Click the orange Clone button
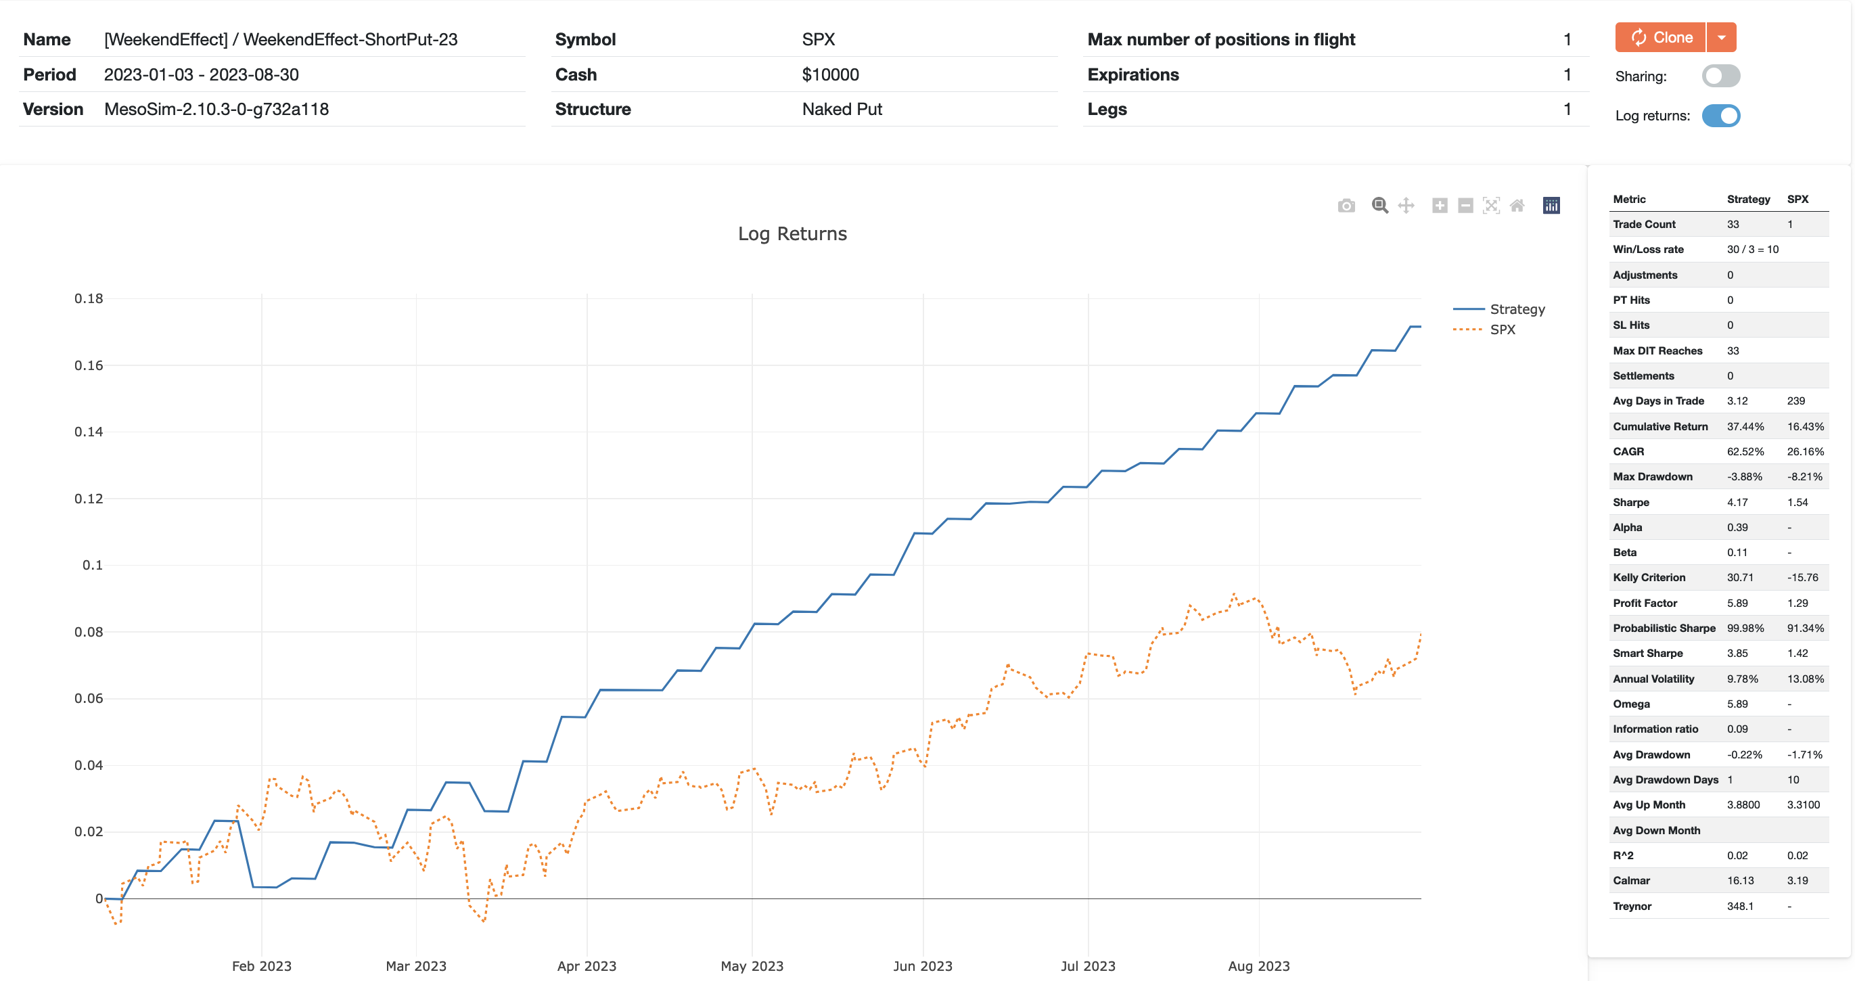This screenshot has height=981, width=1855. coord(1660,37)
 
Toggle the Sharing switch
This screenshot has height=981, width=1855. coord(1720,76)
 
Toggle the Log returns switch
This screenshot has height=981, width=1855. coord(1720,116)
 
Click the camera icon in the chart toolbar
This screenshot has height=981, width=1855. coord(1346,206)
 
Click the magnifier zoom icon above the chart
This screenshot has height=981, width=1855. coord(1379,206)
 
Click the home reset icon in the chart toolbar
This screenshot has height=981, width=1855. coord(1517,206)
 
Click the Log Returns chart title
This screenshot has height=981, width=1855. coord(792,234)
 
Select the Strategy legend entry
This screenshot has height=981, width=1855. coord(1517,309)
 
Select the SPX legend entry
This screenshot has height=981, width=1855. coord(1502,329)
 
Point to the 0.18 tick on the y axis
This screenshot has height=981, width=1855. coord(89,298)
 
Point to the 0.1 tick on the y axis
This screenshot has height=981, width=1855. coord(92,566)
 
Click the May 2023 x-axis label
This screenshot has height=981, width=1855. coord(752,966)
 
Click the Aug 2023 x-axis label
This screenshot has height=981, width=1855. coord(1258,966)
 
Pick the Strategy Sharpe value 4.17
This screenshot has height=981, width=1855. coord(1737,502)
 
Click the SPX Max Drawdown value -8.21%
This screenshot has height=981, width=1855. coord(1804,477)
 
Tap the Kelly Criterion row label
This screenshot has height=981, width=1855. coord(1649,578)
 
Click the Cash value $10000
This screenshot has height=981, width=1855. coord(830,75)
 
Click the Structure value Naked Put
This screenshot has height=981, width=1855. coord(842,110)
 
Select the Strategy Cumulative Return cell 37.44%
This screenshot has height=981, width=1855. coord(1745,426)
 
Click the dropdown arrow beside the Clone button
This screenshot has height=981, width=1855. coord(1721,37)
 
